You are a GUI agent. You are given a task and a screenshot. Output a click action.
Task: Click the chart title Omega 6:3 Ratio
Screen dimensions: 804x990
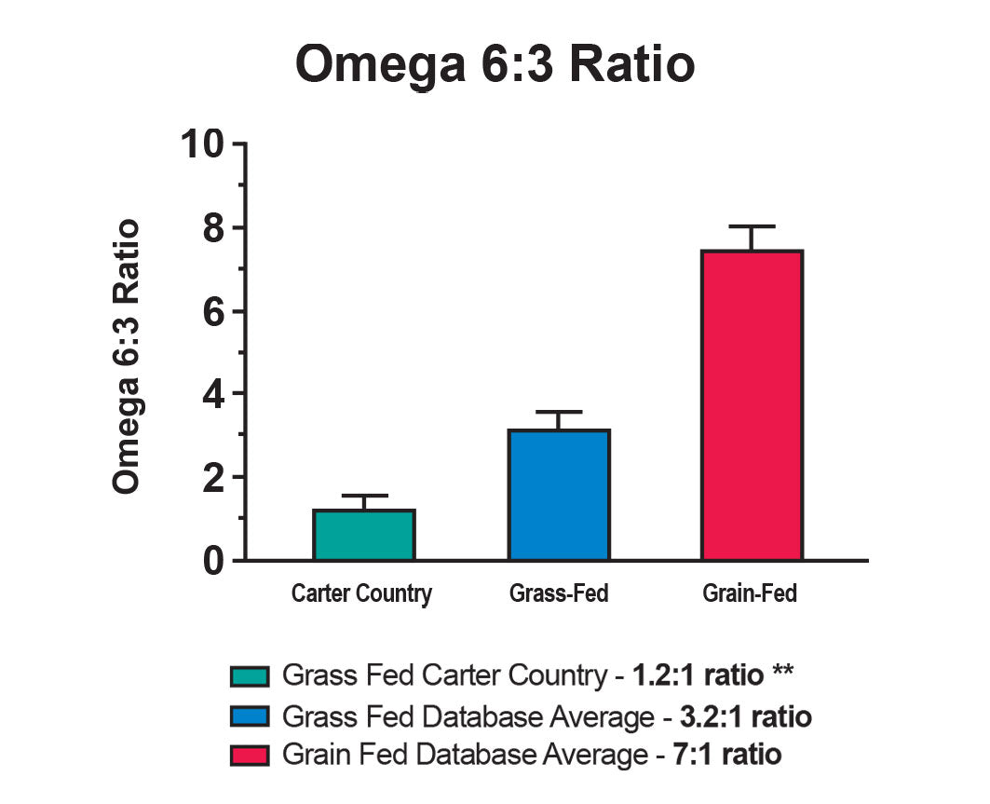[495, 66]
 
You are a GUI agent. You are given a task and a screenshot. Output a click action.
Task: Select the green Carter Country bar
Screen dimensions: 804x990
[364, 535]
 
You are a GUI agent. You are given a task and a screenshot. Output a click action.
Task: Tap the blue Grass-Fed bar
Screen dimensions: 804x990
[559, 495]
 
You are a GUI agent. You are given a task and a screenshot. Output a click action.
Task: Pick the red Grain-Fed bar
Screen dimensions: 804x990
[752, 405]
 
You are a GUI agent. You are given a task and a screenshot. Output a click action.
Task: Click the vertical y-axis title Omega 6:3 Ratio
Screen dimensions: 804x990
[126, 357]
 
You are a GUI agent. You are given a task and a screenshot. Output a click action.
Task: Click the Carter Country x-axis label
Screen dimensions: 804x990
[361, 593]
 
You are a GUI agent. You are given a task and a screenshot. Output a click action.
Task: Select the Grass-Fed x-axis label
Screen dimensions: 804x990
[559, 593]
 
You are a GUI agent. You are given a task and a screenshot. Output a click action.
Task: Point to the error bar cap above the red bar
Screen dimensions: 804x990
[752, 226]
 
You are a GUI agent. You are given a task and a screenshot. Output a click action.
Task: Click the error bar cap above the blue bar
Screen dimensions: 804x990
[559, 412]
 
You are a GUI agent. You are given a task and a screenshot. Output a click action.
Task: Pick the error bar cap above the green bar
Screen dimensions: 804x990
[364, 496]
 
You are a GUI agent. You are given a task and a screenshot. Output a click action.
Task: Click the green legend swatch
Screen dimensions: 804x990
[251, 675]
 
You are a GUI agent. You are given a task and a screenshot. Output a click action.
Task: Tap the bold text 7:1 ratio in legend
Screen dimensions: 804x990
[727, 754]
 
